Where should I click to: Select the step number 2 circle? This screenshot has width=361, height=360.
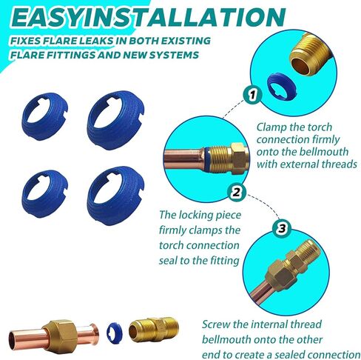(x=237, y=193)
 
